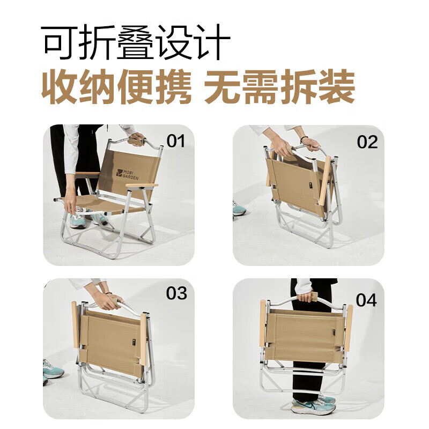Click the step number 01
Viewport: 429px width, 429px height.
click(x=175, y=141)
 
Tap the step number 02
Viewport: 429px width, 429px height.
click(x=367, y=142)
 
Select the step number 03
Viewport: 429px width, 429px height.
click(x=176, y=293)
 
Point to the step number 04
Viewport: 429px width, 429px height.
click(x=366, y=300)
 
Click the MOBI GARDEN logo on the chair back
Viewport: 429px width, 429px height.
click(x=128, y=174)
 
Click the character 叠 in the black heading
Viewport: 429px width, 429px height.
click(x=136, y=42)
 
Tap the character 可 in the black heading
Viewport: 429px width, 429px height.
click(x=59, y=42)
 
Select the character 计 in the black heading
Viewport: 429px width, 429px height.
click(x=211, y=42)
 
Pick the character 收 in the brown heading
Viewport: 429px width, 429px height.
click(x=59, y=86)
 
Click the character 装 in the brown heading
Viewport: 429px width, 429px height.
click(x=337, y=86)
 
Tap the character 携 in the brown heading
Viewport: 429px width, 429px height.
click(x=173, y=86)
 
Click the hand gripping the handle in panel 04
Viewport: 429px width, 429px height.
click(x=307, y=297)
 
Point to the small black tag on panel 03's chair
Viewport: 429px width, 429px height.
click(x=133, y=342)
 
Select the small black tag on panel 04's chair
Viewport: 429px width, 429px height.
click(x=334, y=332)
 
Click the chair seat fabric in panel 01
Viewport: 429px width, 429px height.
click(x=104, y=204)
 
